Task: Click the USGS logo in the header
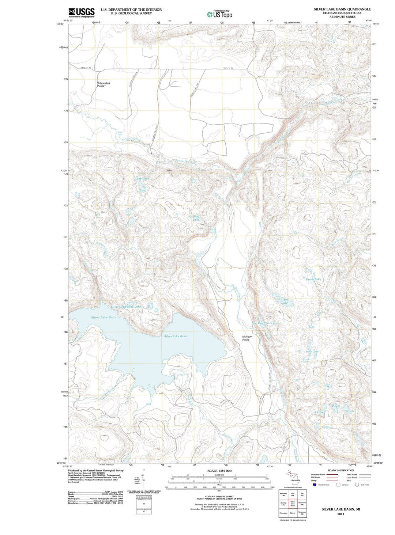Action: click(x=81, y=12)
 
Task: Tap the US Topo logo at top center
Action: click(x=219, y=14)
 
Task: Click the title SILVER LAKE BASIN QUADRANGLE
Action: click(x=342, y=9)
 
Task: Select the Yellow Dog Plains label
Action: click(x=104, y=84)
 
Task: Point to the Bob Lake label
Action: click(x=143, y=179)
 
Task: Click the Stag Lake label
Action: click(x=196, y=218)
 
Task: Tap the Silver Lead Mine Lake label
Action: click(x=125, y=307)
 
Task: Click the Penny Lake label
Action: click(x=313, y=279)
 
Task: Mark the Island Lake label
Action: click(x=284, y=301)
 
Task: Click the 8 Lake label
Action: click(x=319, y=412)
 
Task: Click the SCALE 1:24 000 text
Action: click(x=219, y=471)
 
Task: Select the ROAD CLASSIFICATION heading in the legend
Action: click(x=341, y=470)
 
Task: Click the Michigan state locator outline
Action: click(x=293, y=477)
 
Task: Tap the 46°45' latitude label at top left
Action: click(x=60, y=24)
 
